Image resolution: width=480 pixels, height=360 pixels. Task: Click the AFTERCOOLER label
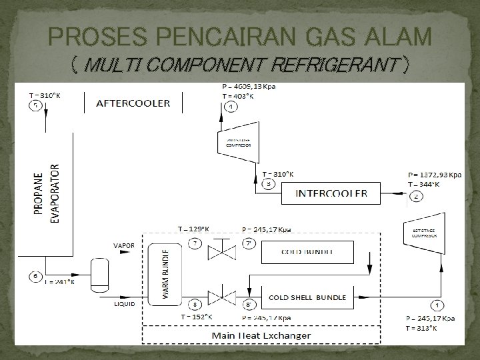coord(133,103)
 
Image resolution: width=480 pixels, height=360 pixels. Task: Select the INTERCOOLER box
coord(331,194)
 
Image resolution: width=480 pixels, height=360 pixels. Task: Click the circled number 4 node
coord(230,106)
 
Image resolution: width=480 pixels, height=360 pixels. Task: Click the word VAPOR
coord(124,245)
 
